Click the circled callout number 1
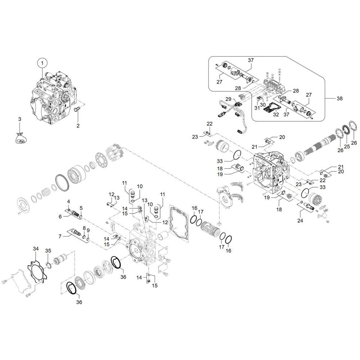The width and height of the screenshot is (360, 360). [x=42, y=63]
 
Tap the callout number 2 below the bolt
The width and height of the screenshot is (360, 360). [x=78, y=126]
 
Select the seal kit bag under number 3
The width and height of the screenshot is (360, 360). [x=21, y=138]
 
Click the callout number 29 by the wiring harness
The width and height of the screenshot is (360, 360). [x=228, y=99]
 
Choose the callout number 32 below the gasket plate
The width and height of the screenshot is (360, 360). [x=276, y=114]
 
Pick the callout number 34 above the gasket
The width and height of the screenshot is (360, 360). [x=36, y=249]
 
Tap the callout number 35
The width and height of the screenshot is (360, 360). [x=48, y=251]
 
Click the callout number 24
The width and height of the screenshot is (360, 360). [x=300, y=221]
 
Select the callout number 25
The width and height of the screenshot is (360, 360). [x=347, y=146]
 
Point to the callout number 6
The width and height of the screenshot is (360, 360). [x=60, y=216]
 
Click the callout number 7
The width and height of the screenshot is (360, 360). [x=60, y=236]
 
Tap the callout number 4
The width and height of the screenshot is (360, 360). [x=68, y=202]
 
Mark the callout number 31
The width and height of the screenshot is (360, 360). [x=257, y=108]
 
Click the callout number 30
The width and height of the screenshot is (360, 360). [x=263, y=105]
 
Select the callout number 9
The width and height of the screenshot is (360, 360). [x=88, y=230]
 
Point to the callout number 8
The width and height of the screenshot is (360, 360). [x=84, y=228]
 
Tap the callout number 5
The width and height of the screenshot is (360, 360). [x=81, y=208]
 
